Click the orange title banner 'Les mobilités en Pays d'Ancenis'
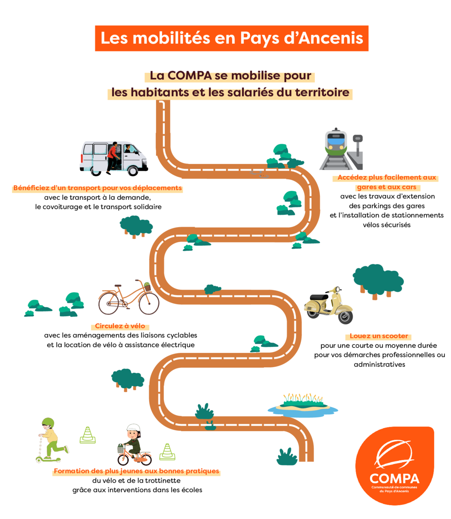point(231,38)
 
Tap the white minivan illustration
point(113,158)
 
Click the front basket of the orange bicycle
point(147,287)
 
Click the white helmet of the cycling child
point(133,429)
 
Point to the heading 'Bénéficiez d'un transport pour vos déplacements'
point(97,188)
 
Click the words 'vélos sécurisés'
point(386,224)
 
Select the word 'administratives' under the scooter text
point(379,364)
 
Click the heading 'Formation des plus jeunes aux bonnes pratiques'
point(136,471)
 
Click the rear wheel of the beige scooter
point(345,317)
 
